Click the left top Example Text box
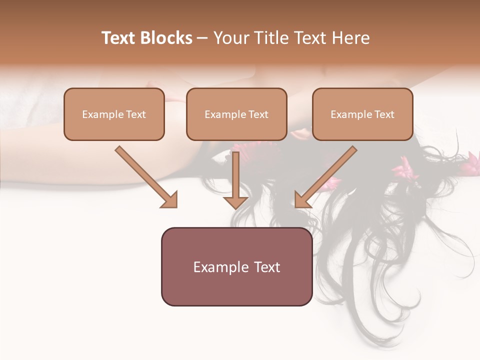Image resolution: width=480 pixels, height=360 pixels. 114,114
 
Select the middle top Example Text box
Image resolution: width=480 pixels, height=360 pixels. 236,114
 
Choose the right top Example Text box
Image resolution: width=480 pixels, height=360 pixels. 362,114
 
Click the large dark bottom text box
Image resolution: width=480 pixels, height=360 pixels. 236,266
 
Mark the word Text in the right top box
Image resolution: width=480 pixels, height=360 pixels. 384,114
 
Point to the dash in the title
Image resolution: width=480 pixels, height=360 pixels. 202,38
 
